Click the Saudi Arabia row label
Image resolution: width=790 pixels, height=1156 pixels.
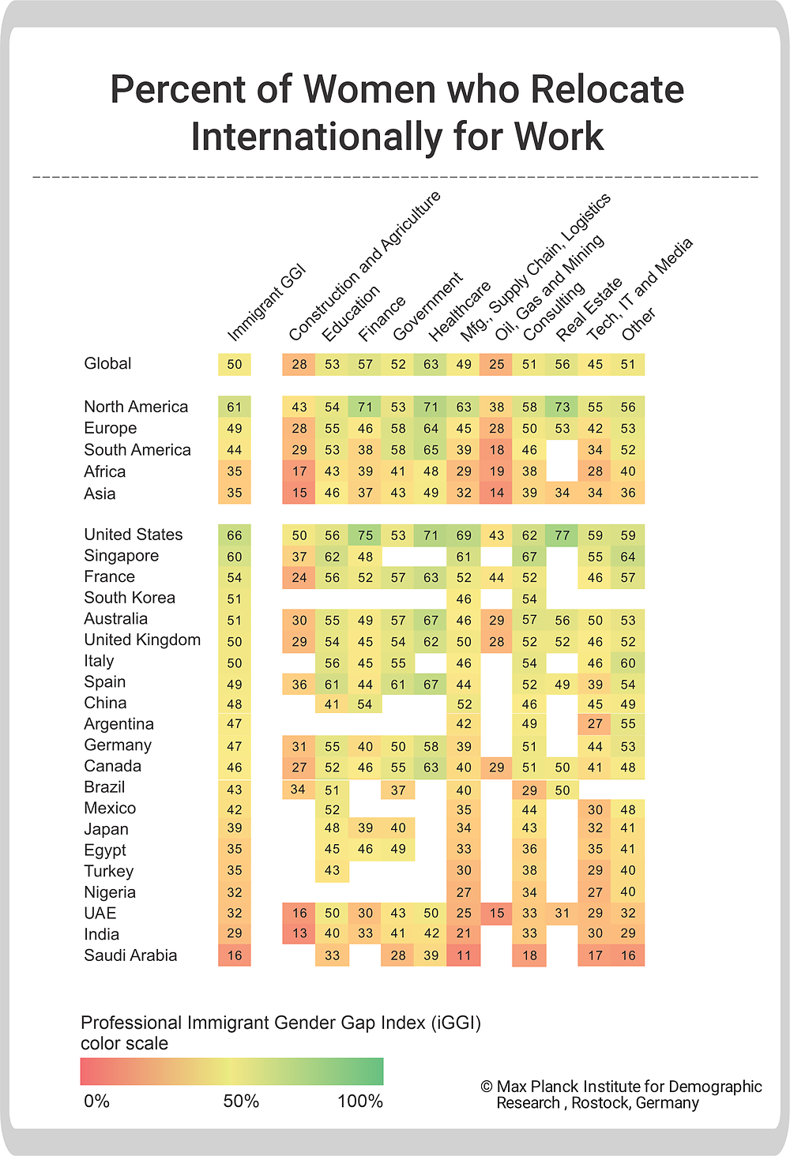(x=130, y=955)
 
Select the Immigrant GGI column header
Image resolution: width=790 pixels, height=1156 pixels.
(x=267, y=302)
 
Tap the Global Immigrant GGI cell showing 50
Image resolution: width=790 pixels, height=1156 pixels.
(x=235, y=364)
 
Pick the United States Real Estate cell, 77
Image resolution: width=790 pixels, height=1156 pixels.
(x=562, y=535)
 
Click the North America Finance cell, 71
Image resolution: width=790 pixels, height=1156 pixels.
(x=365, y=407)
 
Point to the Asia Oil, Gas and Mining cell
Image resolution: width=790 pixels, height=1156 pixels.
(x=497, y=493)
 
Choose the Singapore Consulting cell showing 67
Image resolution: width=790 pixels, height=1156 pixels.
(x=529, y=557)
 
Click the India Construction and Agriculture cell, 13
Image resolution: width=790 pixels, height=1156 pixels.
(x=299, y=933)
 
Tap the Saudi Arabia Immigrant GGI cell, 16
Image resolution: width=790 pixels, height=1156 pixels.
(x=235, y=955)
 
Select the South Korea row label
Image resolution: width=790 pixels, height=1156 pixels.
(x=130, y=598)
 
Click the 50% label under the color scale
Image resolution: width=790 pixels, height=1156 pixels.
(x=241, y=1101)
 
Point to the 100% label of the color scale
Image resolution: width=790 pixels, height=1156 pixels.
(x=360, y=1101)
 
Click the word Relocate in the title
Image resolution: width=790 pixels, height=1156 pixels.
(x=608, y=89)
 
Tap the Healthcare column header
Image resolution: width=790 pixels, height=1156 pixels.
(x=460, y=312)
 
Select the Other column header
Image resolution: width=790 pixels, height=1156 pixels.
(x=638, y=324)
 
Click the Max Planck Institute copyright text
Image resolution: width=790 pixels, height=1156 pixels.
(x=621, y=1094)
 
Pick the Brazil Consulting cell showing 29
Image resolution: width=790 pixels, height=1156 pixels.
(x=529, y=790)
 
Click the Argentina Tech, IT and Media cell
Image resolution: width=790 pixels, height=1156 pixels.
(x=595, y=723)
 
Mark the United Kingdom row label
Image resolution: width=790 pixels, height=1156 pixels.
(x=142, y=640)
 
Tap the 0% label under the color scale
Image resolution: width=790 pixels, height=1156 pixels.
(x=96, y=1101)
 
